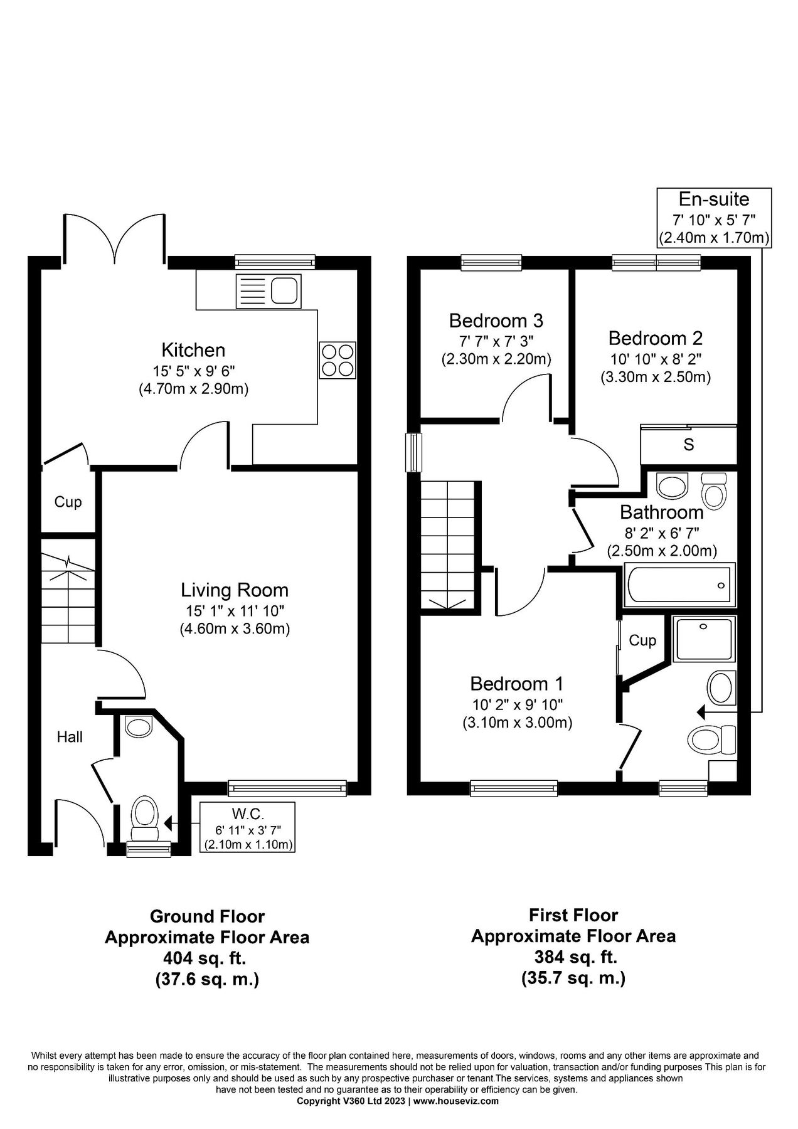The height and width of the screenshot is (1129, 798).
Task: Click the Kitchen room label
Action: [x=193, y=349]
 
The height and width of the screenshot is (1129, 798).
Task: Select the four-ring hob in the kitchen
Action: [x=338, y=360]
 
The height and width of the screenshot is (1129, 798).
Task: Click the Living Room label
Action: [x=235, y=590]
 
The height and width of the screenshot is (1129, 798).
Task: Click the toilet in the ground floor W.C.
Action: [x=144, y=819]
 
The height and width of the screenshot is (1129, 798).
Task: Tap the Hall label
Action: [x=70, y=736]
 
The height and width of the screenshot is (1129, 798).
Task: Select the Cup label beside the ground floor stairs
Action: [x=68, y=502]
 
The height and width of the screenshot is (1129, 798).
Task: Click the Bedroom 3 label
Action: [x=496, y=321]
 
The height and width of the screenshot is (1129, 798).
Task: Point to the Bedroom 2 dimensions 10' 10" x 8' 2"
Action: [x=655, y=359]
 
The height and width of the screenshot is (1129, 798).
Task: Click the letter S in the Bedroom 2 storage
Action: [x=688, y=445]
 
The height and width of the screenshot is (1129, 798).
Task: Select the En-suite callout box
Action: [x=714, y=218]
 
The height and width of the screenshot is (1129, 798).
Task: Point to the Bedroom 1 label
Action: [x=517, y=683]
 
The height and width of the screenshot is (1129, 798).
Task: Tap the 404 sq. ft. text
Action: [x=206, y=958]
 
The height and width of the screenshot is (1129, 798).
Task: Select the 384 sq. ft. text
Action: [x=573, y=957]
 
